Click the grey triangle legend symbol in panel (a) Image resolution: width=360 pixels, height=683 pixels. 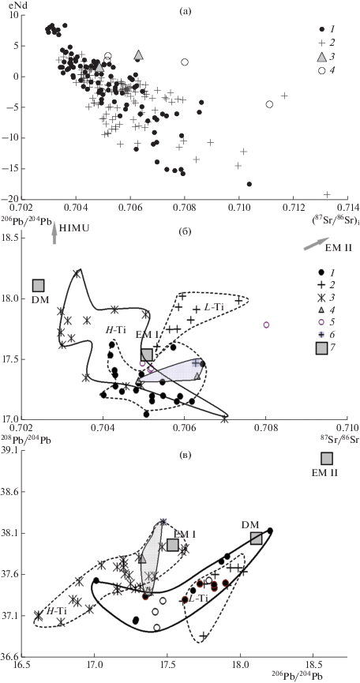click(321, 57)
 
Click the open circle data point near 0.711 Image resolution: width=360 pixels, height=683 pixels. click(269, 104)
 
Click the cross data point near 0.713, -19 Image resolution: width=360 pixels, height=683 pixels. click(328, 194)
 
